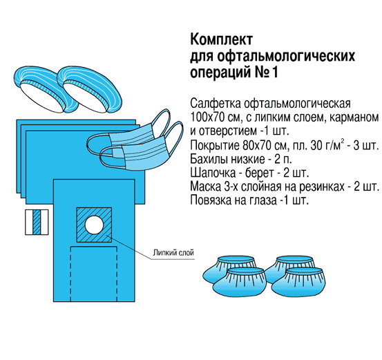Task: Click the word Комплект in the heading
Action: (x=222, y=40)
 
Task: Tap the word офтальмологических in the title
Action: (x=286, y=57)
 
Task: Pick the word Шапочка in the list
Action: (x=213, y=173)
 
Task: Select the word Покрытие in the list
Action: (x=215, y=146)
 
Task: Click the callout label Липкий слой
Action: (x=173, y=252)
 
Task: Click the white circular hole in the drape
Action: (x=94, y=225)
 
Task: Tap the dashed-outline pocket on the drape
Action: (x=94, y=274)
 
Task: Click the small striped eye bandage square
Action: (x=37, y=222)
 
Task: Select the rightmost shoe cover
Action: (x=299, y=283)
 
